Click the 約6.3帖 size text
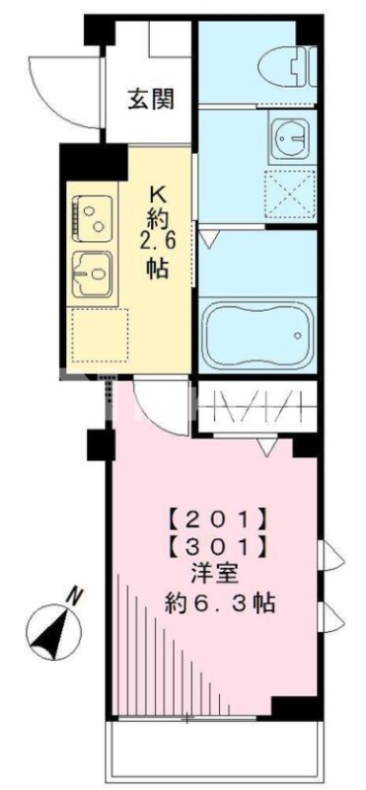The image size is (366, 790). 219,602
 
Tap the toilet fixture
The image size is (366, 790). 286,67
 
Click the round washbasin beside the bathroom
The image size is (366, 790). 289,140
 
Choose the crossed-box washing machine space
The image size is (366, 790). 289,193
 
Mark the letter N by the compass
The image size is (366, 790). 74,595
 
